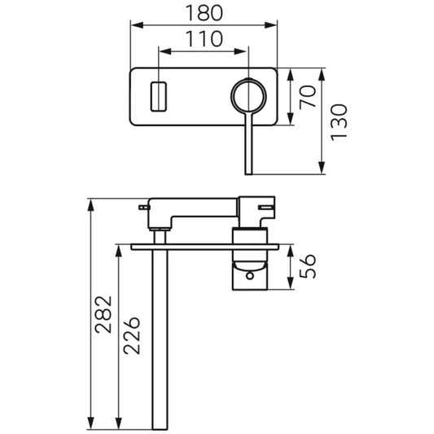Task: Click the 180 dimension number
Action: click(x=204, y=13)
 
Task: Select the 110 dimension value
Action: click(x=204, y=39)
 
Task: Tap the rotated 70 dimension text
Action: click(x=308, y=97)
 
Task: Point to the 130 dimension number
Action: click(x=339, y=122)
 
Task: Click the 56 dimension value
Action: click(x=308, y=266)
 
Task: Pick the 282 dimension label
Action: click(x=103, y=314)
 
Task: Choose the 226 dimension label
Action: click(x=132, y=335)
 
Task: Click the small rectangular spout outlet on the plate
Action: click(x=159, y=97)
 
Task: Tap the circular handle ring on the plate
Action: click(x=248, y=79)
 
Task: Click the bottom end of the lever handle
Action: click(x=248, y=173)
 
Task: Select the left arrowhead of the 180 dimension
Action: click(x=137, y=25)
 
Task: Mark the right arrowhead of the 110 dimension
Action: click(x=240, y=51)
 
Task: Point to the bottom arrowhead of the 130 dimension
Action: click(x=322, y=168)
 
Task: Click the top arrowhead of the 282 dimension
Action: click(x=90, y=205)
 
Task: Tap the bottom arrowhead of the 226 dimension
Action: click(x=119, y=423)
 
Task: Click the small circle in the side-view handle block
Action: click(x=250, y=276)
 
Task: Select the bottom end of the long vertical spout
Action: click(x=160, y=428)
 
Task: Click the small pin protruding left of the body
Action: click(x=144, y=208)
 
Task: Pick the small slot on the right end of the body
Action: click(x=265, y=207)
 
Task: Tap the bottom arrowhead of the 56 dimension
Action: click(x=290, y=283)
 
